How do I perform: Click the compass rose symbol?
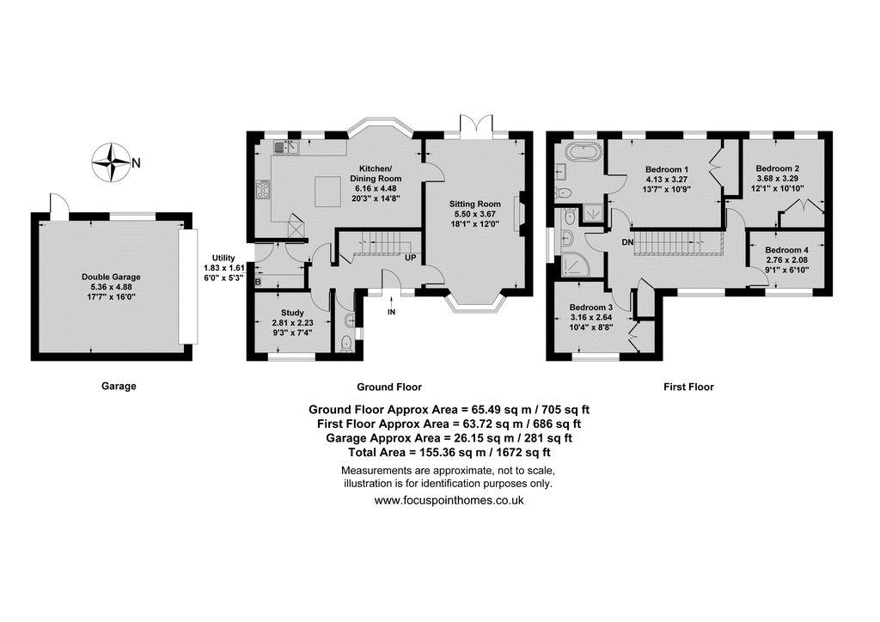tap(112, 162)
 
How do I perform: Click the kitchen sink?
tap(286, 147)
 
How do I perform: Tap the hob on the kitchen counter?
tap(263, 189)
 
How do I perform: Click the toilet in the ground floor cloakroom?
tap(346, 342)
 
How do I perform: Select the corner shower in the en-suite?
tap(575, 264)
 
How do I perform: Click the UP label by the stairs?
tap(410, 259)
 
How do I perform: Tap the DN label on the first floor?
tap(627, 242)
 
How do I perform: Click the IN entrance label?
tap(391, 312)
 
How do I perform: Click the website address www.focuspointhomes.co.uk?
tap(449, 500)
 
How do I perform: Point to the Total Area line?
tap(449, 452)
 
